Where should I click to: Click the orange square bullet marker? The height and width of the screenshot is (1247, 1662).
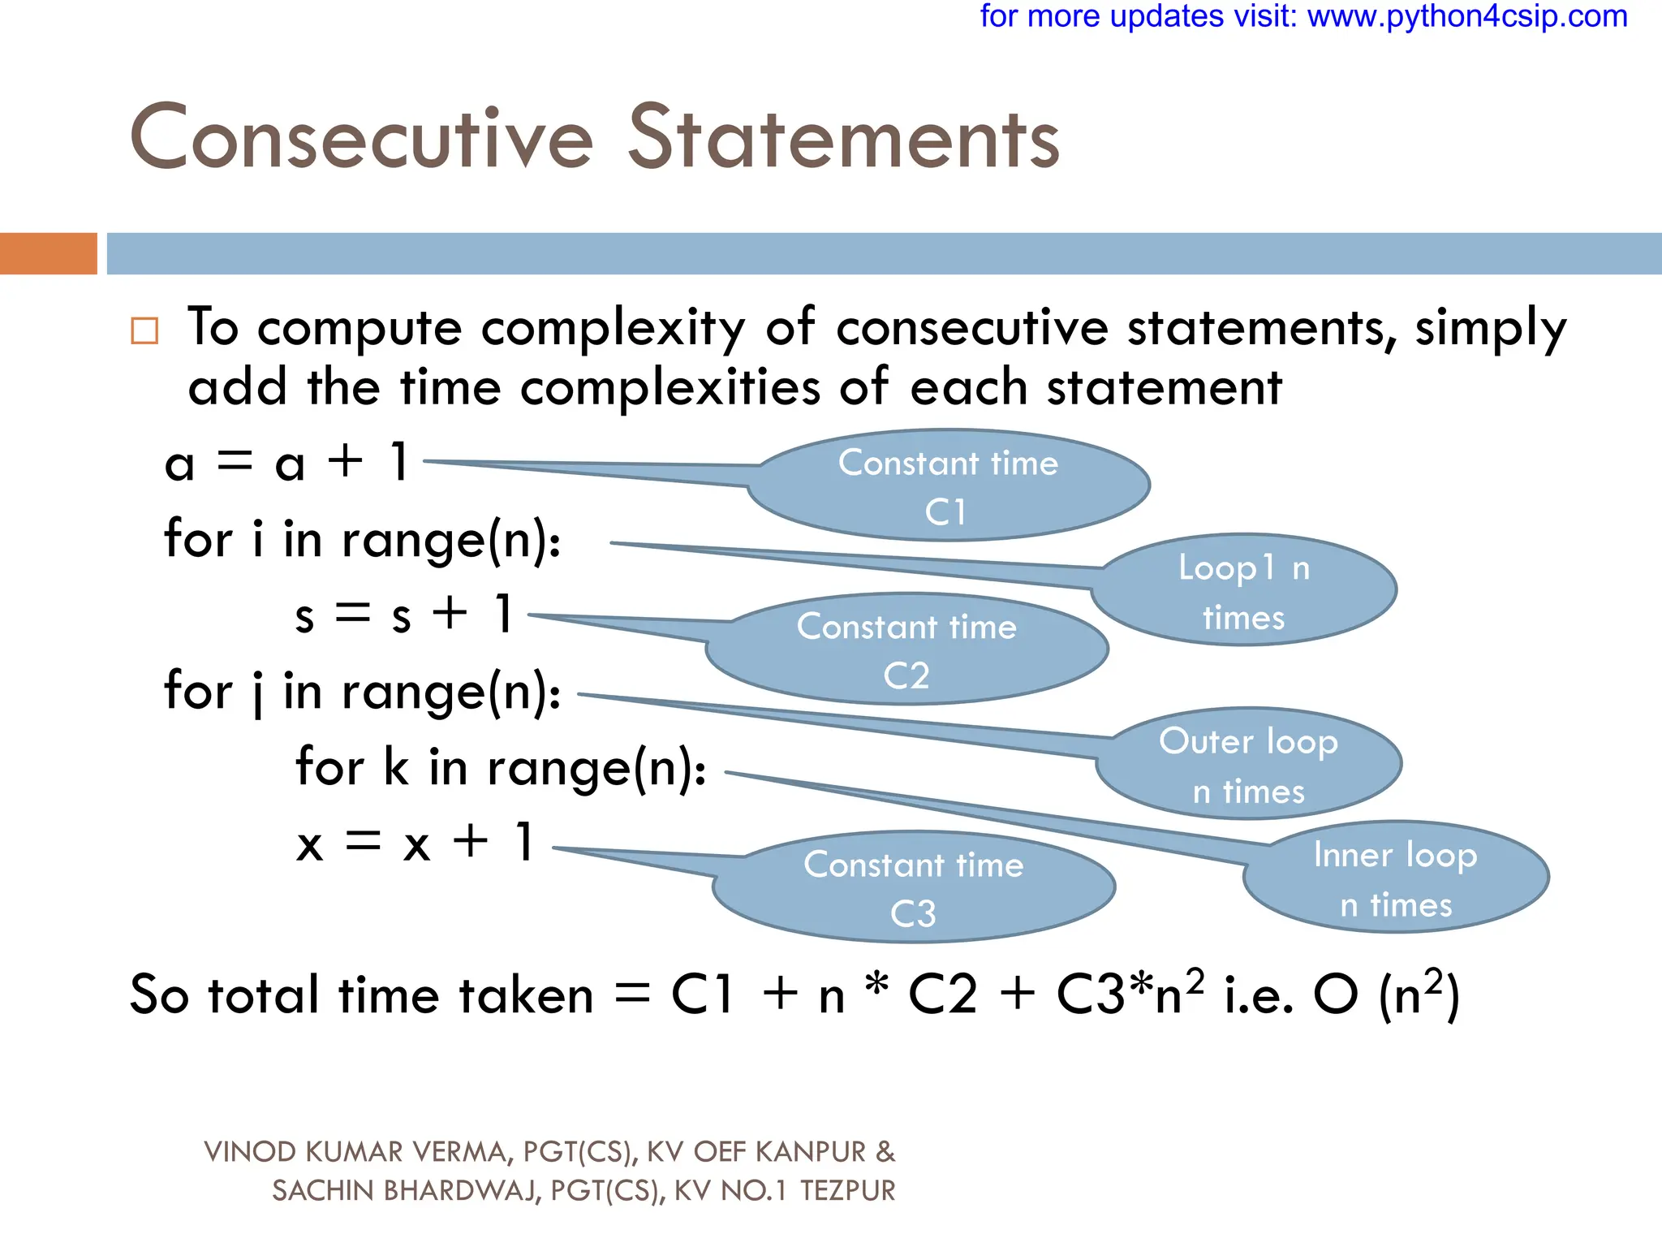(x=144, y=330)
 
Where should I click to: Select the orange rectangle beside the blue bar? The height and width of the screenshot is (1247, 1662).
(x=48, y=253)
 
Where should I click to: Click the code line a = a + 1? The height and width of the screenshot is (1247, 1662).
(x=286, y=463)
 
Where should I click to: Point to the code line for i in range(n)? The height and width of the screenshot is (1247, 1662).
(x=362, y=539)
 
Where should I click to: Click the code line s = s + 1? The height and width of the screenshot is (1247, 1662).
(x=403, y=614)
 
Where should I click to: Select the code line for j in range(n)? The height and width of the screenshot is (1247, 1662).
(x=362, y=692)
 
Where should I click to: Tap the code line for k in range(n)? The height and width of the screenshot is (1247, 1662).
(x=501, y=767)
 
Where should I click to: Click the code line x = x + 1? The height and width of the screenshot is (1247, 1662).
(x=415, y=843)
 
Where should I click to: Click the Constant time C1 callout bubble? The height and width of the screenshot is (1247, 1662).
(x=948, y=486)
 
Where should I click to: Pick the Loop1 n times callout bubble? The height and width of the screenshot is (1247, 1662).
(x=1243, y=591)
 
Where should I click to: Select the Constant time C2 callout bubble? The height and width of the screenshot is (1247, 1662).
(x=906, y=650)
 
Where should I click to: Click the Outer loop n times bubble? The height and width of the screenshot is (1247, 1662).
(x=1248, y=765)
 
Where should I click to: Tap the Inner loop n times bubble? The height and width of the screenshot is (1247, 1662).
(x=1396, y=878)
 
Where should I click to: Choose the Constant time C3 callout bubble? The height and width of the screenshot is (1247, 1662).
(x=914, y=888)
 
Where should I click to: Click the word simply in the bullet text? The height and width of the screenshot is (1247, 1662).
(x=1490, y=328)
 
